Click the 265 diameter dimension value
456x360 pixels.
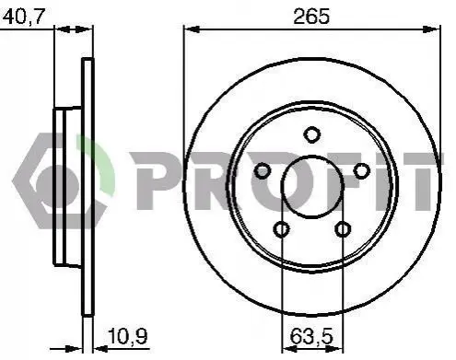click(x=311, y=17)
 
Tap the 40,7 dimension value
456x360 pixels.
click(x=24, y=17)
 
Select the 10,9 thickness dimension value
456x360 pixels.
click(x=128, y=336)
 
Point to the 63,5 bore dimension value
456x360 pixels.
click(x=311, y=336)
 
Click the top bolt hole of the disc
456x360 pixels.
click(x=311, y=134)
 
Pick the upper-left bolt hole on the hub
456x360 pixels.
click(x=263, y=171)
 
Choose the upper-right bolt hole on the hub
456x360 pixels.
click(x=361, y=171)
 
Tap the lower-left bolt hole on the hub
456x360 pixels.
click(x=281, y=229)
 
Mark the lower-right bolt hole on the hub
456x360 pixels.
click(x=343, y=229)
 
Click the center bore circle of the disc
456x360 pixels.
click(x=312, y=156)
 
